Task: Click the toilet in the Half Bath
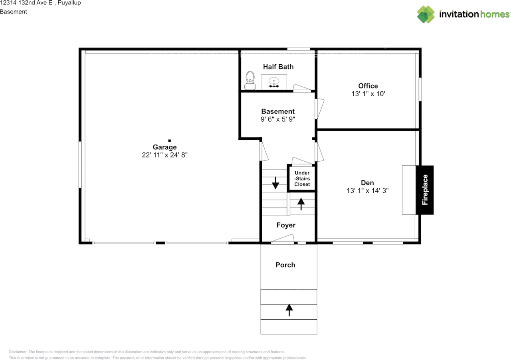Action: (250, 80)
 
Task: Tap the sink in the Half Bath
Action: (274, 82)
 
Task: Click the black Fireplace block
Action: (424, 190)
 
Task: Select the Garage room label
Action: (165, 147)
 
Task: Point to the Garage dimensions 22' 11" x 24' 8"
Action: (165, 155)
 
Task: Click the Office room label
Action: (368, 86)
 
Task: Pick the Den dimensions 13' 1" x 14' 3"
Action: (368, 190)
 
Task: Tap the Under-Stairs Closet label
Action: (302, 179)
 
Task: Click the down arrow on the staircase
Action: (275, 183)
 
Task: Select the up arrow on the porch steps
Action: (289, 310)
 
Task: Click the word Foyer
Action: (286, 225)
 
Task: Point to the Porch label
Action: (285, 265)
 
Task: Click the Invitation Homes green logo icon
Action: (426, 14)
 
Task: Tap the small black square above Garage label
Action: (170, 140)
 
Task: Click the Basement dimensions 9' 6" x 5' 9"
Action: (278, 119)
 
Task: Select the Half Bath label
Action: (278, 67)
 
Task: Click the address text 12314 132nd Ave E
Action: (26, 3)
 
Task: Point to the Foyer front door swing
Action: (283, 238)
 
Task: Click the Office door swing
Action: (320, 109)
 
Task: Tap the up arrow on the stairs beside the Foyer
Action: (301, 204)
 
